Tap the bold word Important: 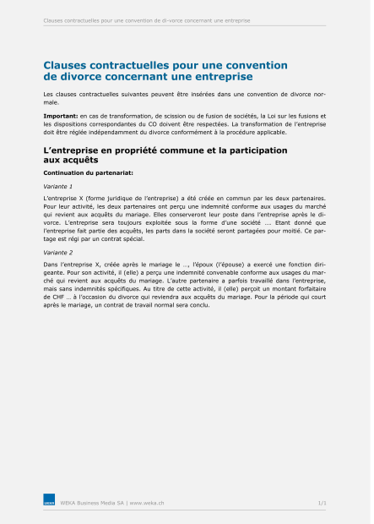[x=61, y=114]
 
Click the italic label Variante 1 [x=58, y=186]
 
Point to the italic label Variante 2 [x=58, y=253]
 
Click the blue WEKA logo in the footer [x=49, y=503]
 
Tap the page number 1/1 [x=322, y=503]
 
